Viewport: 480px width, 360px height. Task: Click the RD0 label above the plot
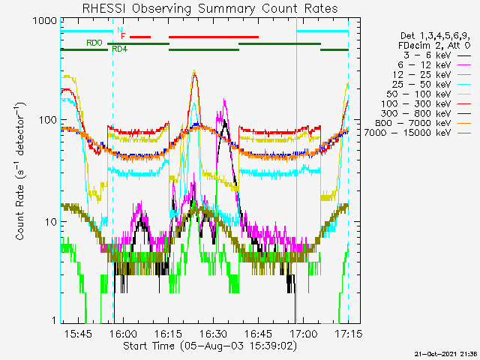click(94, 43)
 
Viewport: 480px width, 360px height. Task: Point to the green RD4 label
click(119, 49)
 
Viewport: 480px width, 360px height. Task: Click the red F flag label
click(123, 36)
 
